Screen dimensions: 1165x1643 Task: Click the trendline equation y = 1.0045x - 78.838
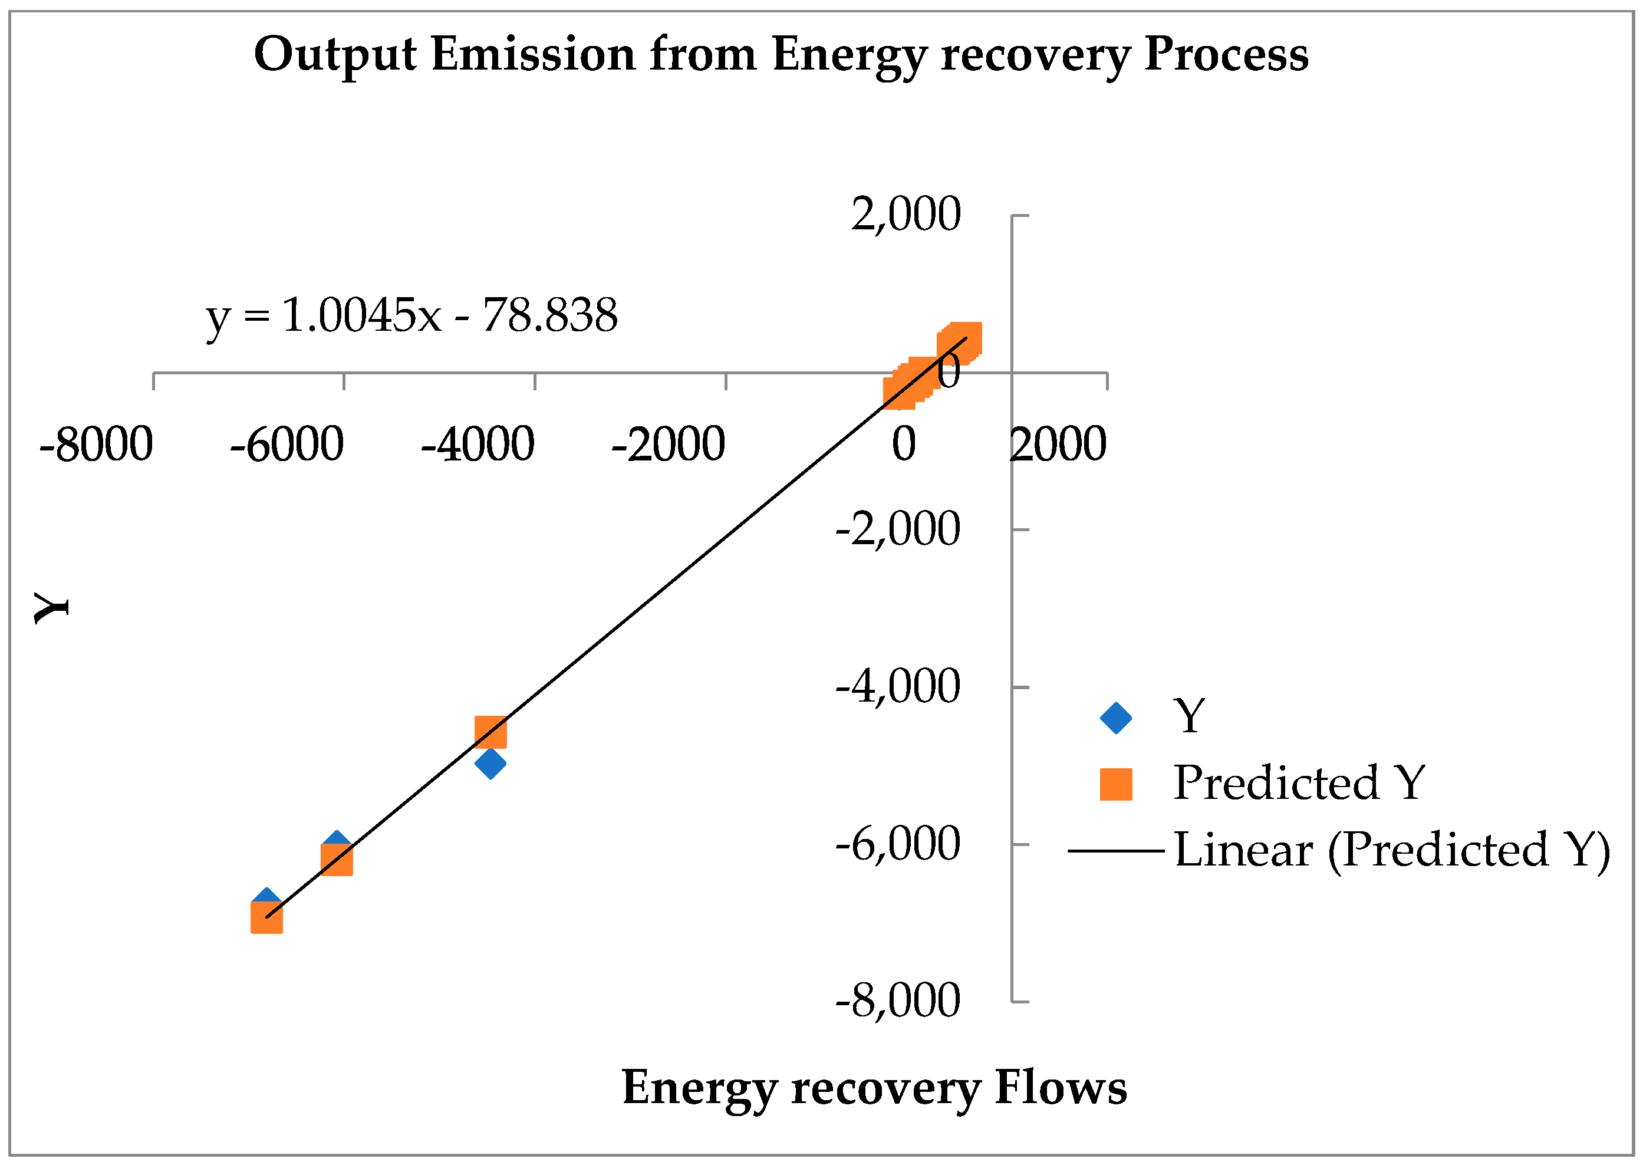411,315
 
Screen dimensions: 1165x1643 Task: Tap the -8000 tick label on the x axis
96,444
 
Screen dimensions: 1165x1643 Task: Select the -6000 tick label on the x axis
287,444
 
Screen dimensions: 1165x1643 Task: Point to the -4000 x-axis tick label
478,444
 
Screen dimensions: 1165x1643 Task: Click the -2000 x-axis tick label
668,444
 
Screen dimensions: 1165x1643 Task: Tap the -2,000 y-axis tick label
897,529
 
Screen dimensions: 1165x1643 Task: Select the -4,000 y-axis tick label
897,686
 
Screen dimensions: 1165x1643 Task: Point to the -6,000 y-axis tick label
897,844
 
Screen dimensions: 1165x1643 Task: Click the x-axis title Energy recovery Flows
874,1088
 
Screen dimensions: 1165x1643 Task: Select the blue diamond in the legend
1116,718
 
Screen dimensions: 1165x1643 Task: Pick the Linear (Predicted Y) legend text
1392,850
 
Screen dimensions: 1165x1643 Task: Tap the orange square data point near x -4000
490,732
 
